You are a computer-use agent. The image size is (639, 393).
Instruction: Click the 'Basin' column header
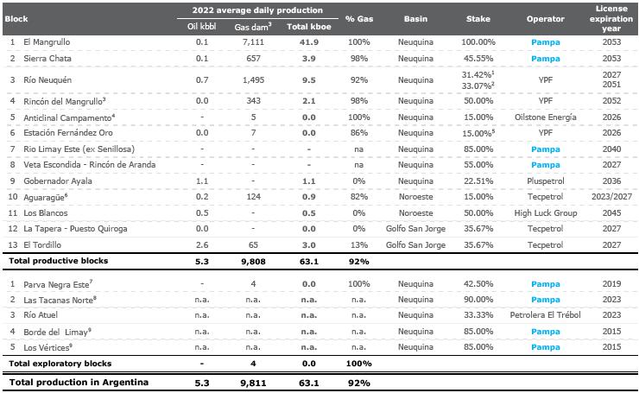click(x=415, y=19)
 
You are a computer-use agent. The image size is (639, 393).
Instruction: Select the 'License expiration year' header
click(x=611, y=18)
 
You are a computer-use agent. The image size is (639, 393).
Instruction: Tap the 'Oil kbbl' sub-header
click(x=202, y=27)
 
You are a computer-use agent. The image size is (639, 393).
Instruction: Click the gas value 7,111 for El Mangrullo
click(x=253, y=42)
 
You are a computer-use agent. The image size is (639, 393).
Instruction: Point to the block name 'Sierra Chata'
click(x=47, y=58)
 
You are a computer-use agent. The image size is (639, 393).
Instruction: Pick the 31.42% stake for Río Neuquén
click(x=478, y=74)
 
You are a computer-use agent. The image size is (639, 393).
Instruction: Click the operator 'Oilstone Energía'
click(x=545, y=117)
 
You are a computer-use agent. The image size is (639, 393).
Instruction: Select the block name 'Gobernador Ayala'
click(x=58, y=181)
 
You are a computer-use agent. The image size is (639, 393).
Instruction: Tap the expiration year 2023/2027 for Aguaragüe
click(x=611, y=197)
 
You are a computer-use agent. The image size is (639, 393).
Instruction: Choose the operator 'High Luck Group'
click(x=545, y=212)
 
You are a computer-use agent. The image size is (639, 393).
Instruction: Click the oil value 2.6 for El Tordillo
click(x=202, y=244)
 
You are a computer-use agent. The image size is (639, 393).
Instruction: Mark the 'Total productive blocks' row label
click(x=58, y=261)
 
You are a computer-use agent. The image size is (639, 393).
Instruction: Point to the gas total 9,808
click(x=253, y=262)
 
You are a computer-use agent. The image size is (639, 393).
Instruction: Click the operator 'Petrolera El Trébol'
click(x=545, y=314)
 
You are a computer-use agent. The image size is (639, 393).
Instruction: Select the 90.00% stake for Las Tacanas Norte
click(x=478, y=299)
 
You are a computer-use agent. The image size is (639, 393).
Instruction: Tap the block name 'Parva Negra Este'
click(x=58, y=284)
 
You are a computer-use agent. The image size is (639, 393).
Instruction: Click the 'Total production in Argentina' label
click(x=79, y=383)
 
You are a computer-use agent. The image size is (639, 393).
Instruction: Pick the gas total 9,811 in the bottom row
click(x=253, y=383)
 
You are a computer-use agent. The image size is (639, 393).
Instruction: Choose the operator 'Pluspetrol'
click(x=545, y=181)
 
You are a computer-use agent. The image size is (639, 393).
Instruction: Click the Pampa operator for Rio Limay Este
click(x=545, y=149)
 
